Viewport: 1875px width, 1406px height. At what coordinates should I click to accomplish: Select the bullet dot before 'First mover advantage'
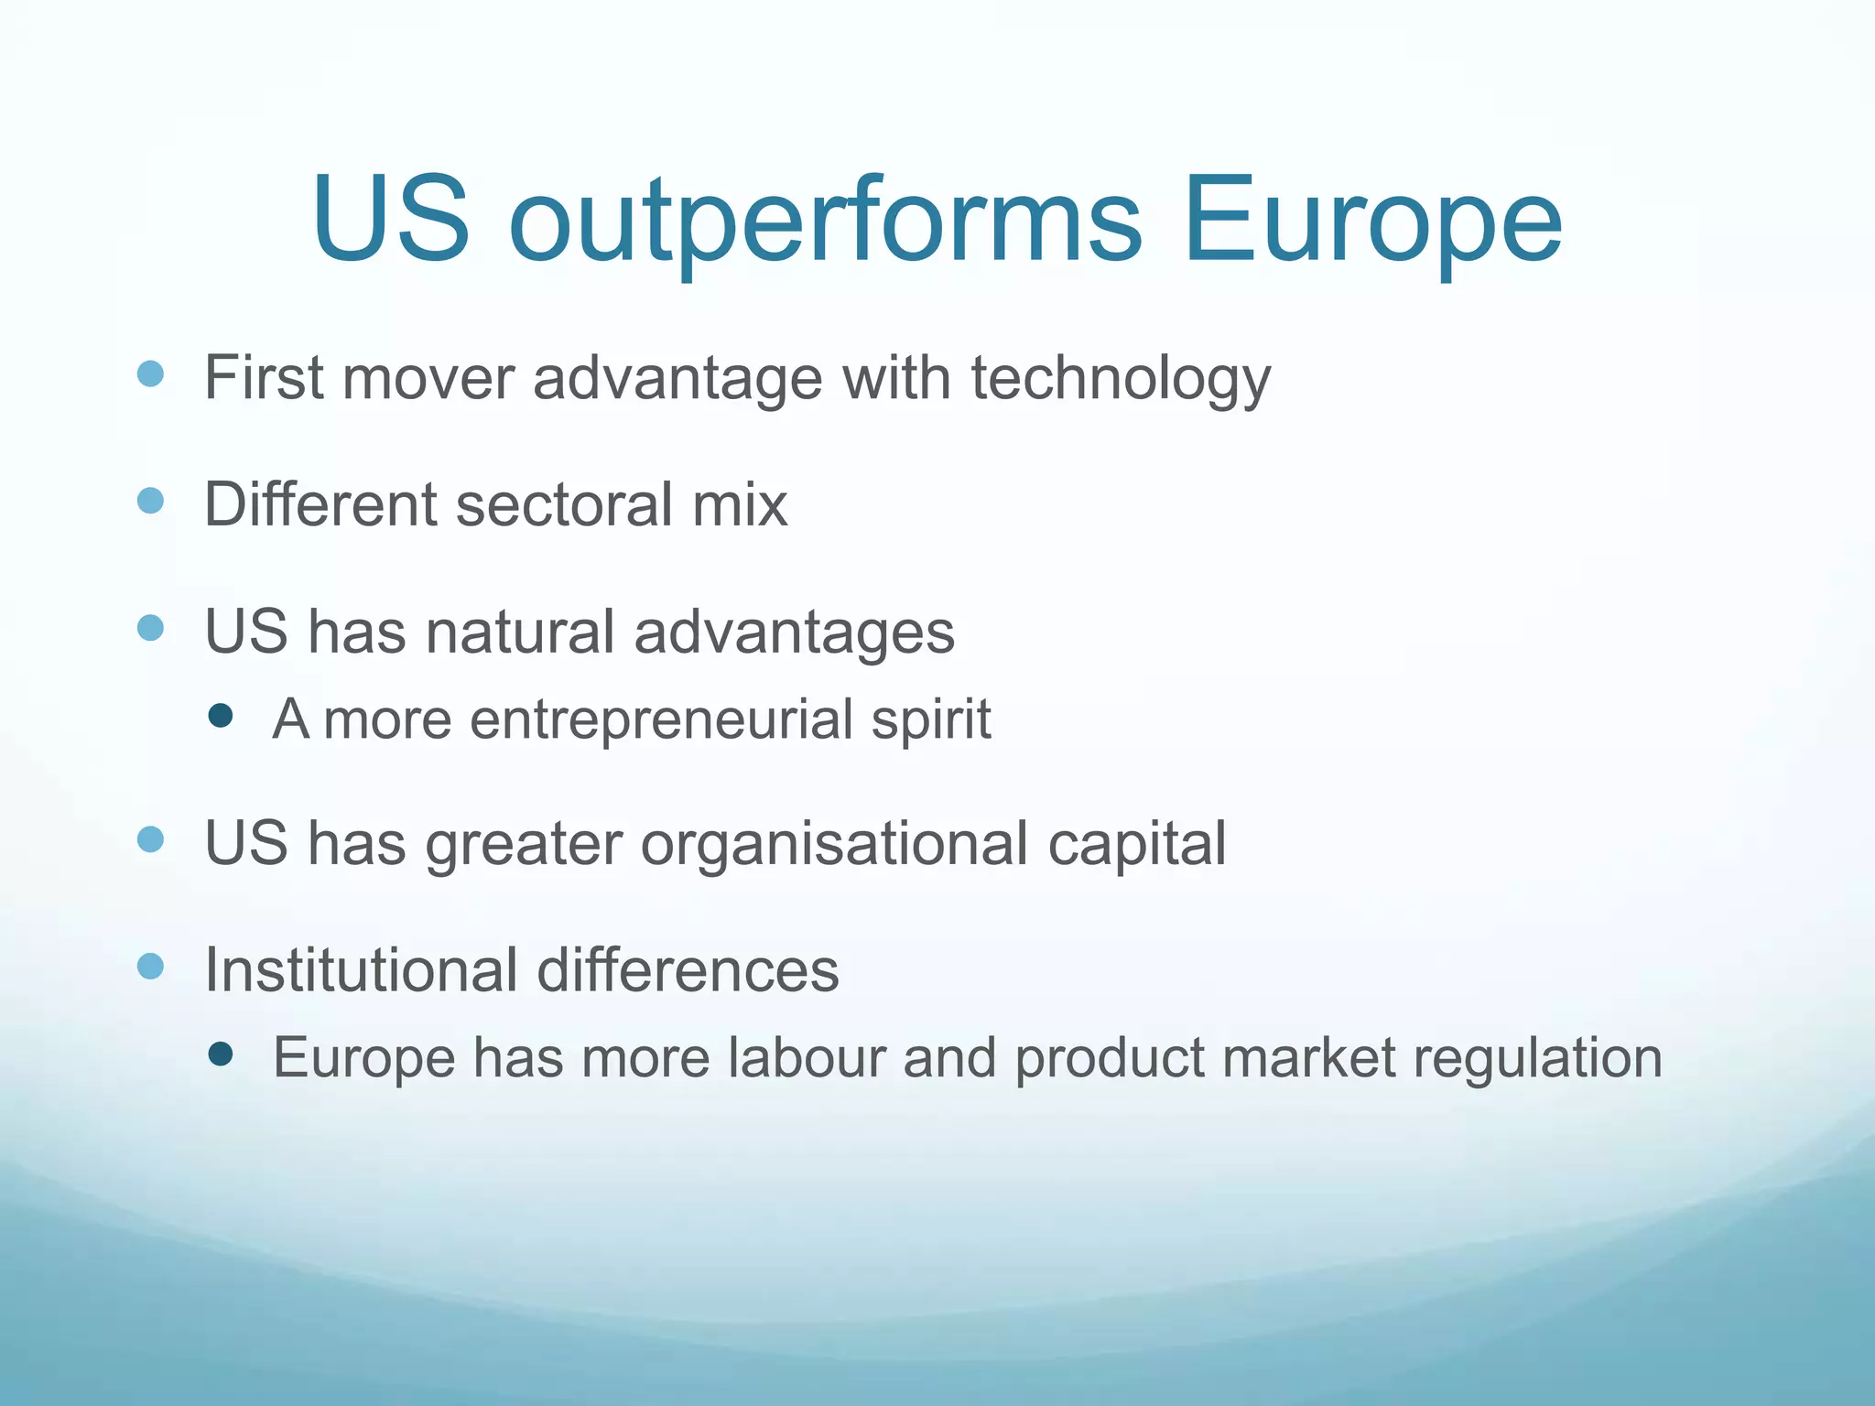pos(150,373)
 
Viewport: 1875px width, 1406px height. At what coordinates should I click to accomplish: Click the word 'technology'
pos(1121,378)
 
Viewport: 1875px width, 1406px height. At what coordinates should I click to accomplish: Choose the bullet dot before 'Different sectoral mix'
pos(150,501)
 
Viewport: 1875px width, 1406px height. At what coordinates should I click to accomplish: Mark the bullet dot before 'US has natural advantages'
pos(150,628)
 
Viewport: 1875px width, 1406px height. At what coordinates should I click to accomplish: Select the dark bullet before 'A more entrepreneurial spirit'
pos(221,715)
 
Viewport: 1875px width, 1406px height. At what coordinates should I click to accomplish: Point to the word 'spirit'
pos(930,720)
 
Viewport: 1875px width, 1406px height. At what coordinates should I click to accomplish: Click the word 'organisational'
pos(834,844)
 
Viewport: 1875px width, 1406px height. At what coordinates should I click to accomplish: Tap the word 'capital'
pos(1136,844)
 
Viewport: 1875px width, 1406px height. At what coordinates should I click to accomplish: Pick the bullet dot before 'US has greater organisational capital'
pos(150,839)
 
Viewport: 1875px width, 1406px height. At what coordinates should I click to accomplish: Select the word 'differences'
pos(688,969)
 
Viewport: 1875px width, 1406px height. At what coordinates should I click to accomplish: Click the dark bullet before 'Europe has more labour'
pos(221,1054)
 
